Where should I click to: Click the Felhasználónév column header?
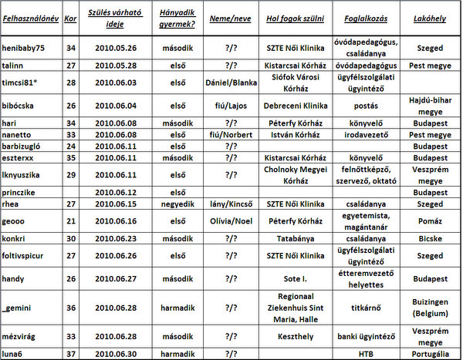pyautogui.click(x=30, y=16)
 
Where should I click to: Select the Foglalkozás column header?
pyautogui.click(x=364, y=16)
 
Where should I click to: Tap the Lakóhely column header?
pyautogui.click(x=430, y=16)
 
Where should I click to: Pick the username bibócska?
pyautogui.click(x=22, y=105)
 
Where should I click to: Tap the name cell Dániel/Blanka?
pyautogui.click(x=231, y=82)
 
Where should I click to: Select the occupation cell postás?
pyautogui.click(x=365, y=105)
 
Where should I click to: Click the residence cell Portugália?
pyautogui.click(x=430, y=354)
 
